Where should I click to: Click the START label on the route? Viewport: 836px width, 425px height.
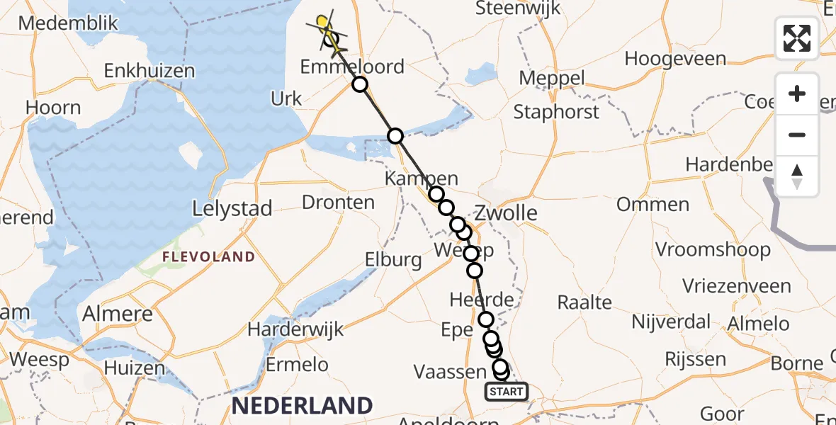(507, 391)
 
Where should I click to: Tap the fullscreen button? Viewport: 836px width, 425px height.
(797, 38)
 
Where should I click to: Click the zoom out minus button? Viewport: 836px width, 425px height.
(797, 135)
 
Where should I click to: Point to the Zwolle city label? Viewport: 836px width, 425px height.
(506, 212)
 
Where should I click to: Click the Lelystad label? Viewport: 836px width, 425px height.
(232, 209)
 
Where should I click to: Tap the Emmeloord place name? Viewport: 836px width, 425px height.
(352, 67)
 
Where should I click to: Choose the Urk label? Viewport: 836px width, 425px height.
(286, 98)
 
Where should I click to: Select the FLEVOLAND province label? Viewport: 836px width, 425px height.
(208, 256)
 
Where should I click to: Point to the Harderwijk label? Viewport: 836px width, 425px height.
(295, 329)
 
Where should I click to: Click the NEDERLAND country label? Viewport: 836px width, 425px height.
(302, 406)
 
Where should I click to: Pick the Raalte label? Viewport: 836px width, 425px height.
(584, 302)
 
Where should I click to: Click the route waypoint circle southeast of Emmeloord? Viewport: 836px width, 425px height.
(361, 84)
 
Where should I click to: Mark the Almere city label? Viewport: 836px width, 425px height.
(118, 313)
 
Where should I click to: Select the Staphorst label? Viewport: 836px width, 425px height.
(556, 111)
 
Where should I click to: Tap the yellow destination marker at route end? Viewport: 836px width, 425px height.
(323, 23)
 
